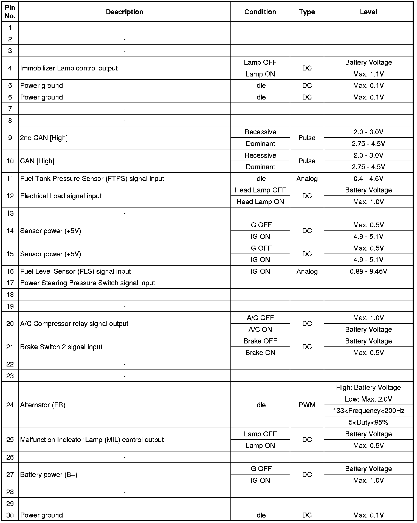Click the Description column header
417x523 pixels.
[124, 12]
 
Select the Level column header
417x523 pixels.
[368, 12]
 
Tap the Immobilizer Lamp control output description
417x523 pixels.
[69, 68]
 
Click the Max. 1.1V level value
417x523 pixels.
[368, 74]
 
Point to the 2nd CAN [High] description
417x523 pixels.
[44, 138]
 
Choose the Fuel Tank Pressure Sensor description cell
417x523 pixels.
[92, 179]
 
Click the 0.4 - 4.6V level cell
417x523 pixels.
[368, 179]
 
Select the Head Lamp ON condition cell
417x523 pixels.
[260, 202]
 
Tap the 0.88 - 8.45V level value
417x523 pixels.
[368, 271]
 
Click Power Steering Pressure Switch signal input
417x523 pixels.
[88, 283]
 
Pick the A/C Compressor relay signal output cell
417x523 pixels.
[74, 324]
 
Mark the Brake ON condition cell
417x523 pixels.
[260, 353]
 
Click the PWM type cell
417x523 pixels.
[307, 405]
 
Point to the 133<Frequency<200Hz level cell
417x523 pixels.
[368, 411]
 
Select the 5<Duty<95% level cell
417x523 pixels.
[368, 422]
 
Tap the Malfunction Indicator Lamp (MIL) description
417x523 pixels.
[92, 440]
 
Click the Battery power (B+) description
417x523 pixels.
[49, 474]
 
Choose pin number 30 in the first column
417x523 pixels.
[10, 515]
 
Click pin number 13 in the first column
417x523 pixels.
[10, 213]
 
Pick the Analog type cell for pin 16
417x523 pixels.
[307, 271]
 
